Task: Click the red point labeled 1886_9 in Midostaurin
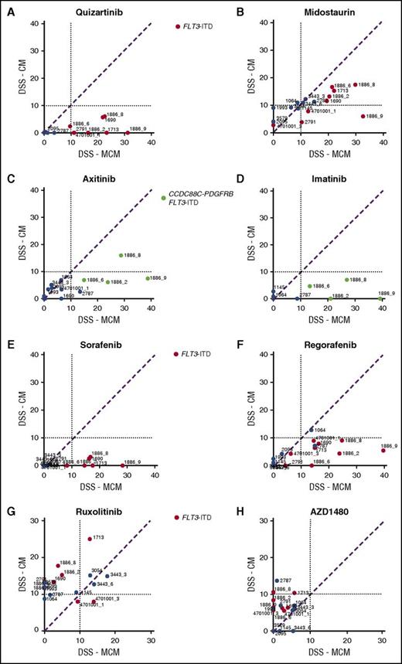pyautogui.click(x=363, y=117)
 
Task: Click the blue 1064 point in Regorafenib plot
pyautogui.click(x=312, y=430)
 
